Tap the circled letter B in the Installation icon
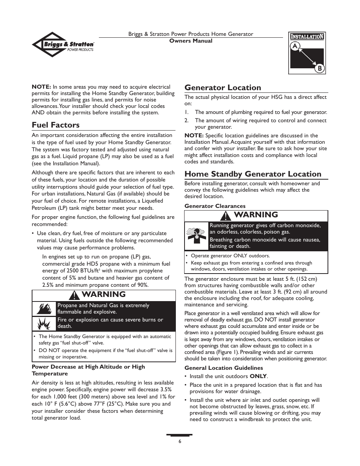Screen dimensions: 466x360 pyautogui.click(x=319, y=68)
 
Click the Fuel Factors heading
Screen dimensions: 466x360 pyautogui.click(x=55, y=125)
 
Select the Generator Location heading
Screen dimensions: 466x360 pyautogui.click(x=223, y=88)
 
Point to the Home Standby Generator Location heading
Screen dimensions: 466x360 pyautogui.click(x=253, y=174)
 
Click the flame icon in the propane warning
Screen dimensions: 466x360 pyautogui.click(x=44, y=309)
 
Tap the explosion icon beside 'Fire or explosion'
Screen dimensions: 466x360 pyautogui.click(x=44, y=323)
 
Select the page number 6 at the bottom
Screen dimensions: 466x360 pyautogui.click(x=180, y=441)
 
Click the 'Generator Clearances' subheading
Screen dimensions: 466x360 pyautogui.click(x=215, y=206)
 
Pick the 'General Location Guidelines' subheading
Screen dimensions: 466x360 pyautogui.click(x=223, y=368)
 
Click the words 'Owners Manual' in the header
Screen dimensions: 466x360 pyautogui.click(x=191, y=41)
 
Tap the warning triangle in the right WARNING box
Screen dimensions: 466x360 pyautogui.click(x=226, y=215)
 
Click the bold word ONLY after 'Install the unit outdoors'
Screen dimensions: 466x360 pyautogui.click(x=258, y=376)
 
